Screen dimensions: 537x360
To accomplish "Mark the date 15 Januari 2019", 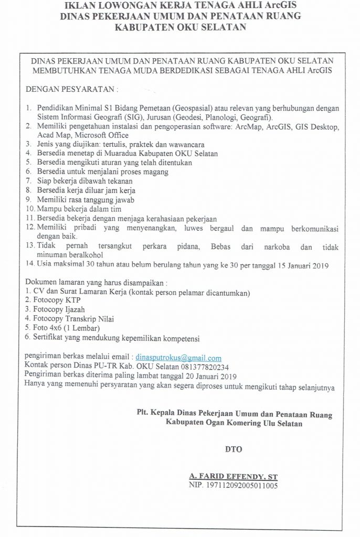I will pyautogui.click(x=295, y=265).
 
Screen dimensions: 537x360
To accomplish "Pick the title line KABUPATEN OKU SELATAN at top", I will pyautogui.click(x=180, y=28).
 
